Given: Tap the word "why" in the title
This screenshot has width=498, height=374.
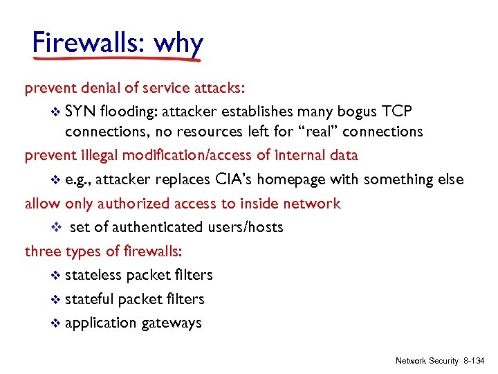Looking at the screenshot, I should click(x=178, y=44).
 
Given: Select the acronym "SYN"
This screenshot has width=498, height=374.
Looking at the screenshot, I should click(x=80, y=112).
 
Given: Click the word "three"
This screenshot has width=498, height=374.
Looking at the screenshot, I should click(x=43, y=251).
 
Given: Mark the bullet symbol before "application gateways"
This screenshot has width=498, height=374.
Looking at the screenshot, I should click(x=57, y=323).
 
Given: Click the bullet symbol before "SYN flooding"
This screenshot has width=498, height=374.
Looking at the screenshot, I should click(x=57, y=112).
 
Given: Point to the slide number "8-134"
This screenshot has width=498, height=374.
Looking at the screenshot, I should click(x=474, y=361).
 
